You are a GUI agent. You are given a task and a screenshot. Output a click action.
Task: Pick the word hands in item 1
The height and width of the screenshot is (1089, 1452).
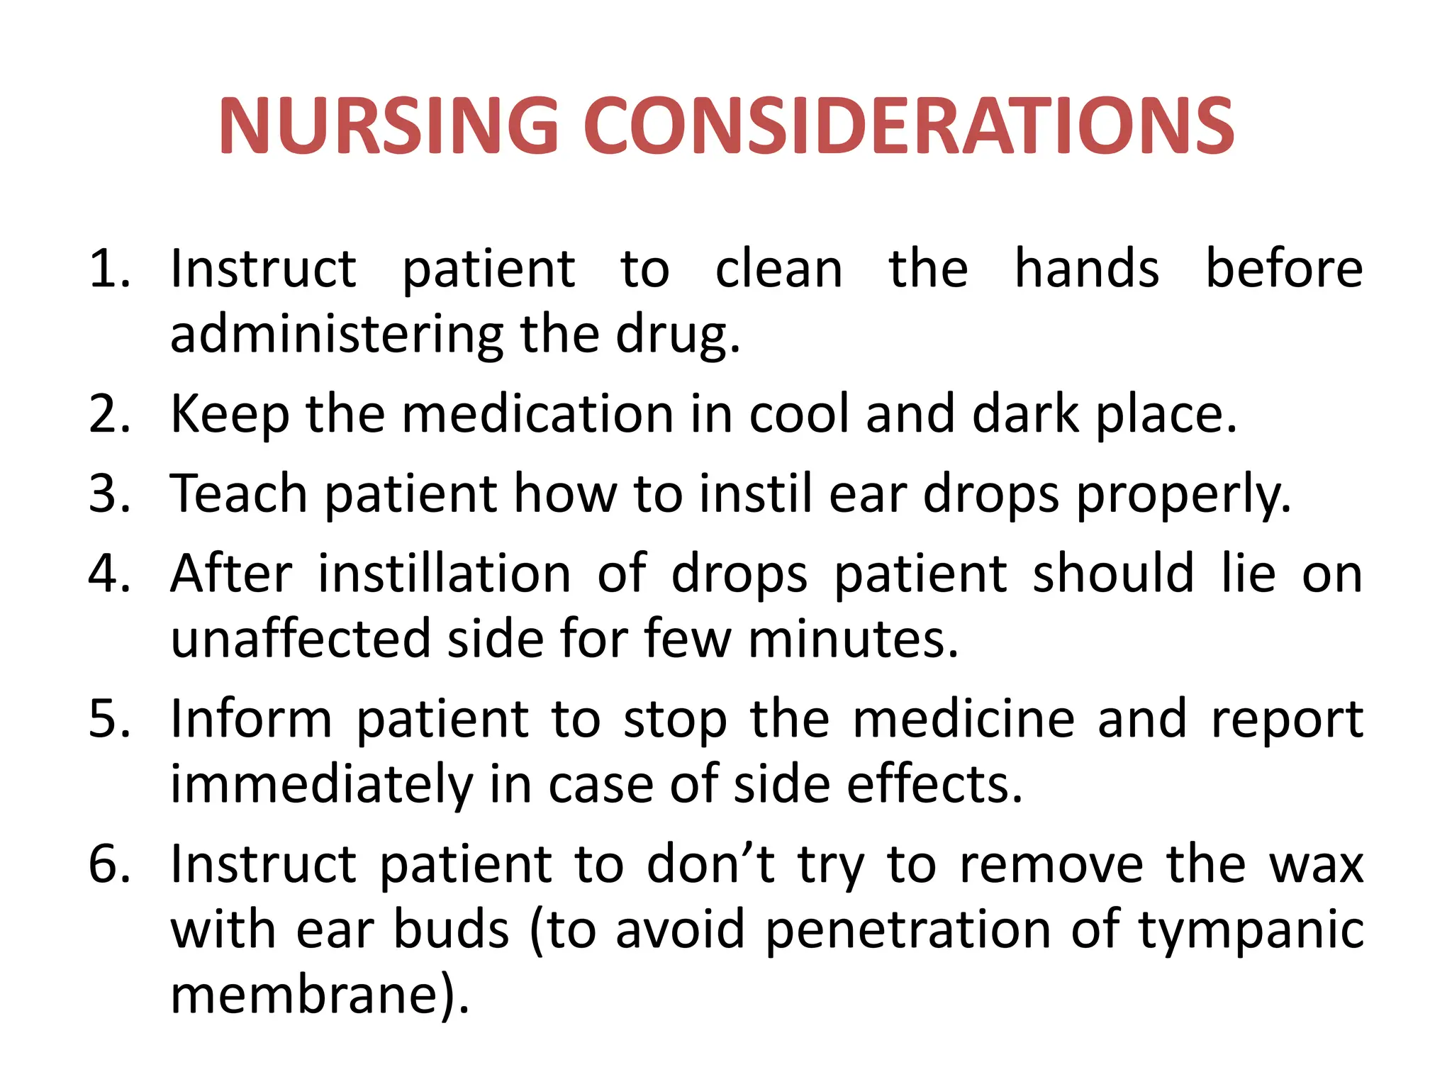click(1086, 269)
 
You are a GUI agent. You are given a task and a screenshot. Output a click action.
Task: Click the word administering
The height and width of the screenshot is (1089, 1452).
click(336, 335)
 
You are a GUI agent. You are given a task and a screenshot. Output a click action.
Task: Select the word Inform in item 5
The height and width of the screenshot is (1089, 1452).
click(251, 719)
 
